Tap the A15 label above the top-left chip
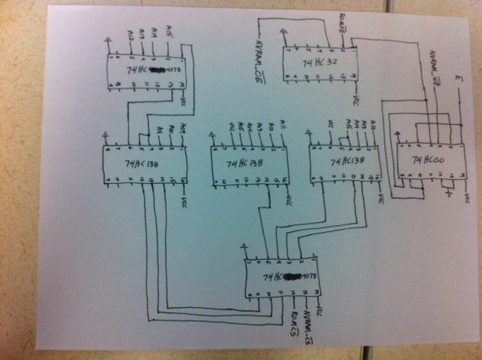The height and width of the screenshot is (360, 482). (x=168, y=35)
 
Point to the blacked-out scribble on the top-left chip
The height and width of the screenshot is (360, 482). (x=157, y=70)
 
